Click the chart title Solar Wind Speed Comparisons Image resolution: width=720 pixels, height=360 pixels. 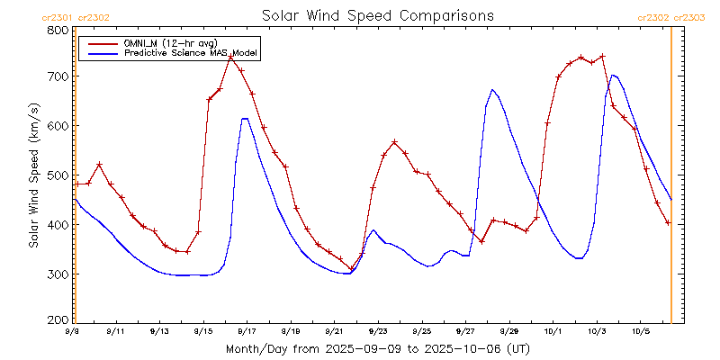click(x=378, y=15)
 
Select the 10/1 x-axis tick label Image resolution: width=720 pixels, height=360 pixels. click(x=552, y=332)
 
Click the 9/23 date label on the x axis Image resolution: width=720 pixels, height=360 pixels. click(x=377, y=332)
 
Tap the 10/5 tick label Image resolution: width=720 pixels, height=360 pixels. click(x=639, y=332)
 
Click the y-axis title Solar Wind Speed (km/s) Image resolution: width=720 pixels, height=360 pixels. click(x=33, y=175)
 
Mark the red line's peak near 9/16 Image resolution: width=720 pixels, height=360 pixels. click(x=231, y=57)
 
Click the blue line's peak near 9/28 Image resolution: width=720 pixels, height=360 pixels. click(x=492, y=90)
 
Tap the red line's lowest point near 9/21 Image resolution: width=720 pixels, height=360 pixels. click(x=351, y=269)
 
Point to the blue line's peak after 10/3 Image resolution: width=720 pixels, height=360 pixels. click(x=613, y=75)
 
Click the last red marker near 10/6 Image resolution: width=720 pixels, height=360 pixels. click(x=668, y=222)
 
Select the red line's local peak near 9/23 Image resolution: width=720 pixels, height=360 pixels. click(x=394, y=142)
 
